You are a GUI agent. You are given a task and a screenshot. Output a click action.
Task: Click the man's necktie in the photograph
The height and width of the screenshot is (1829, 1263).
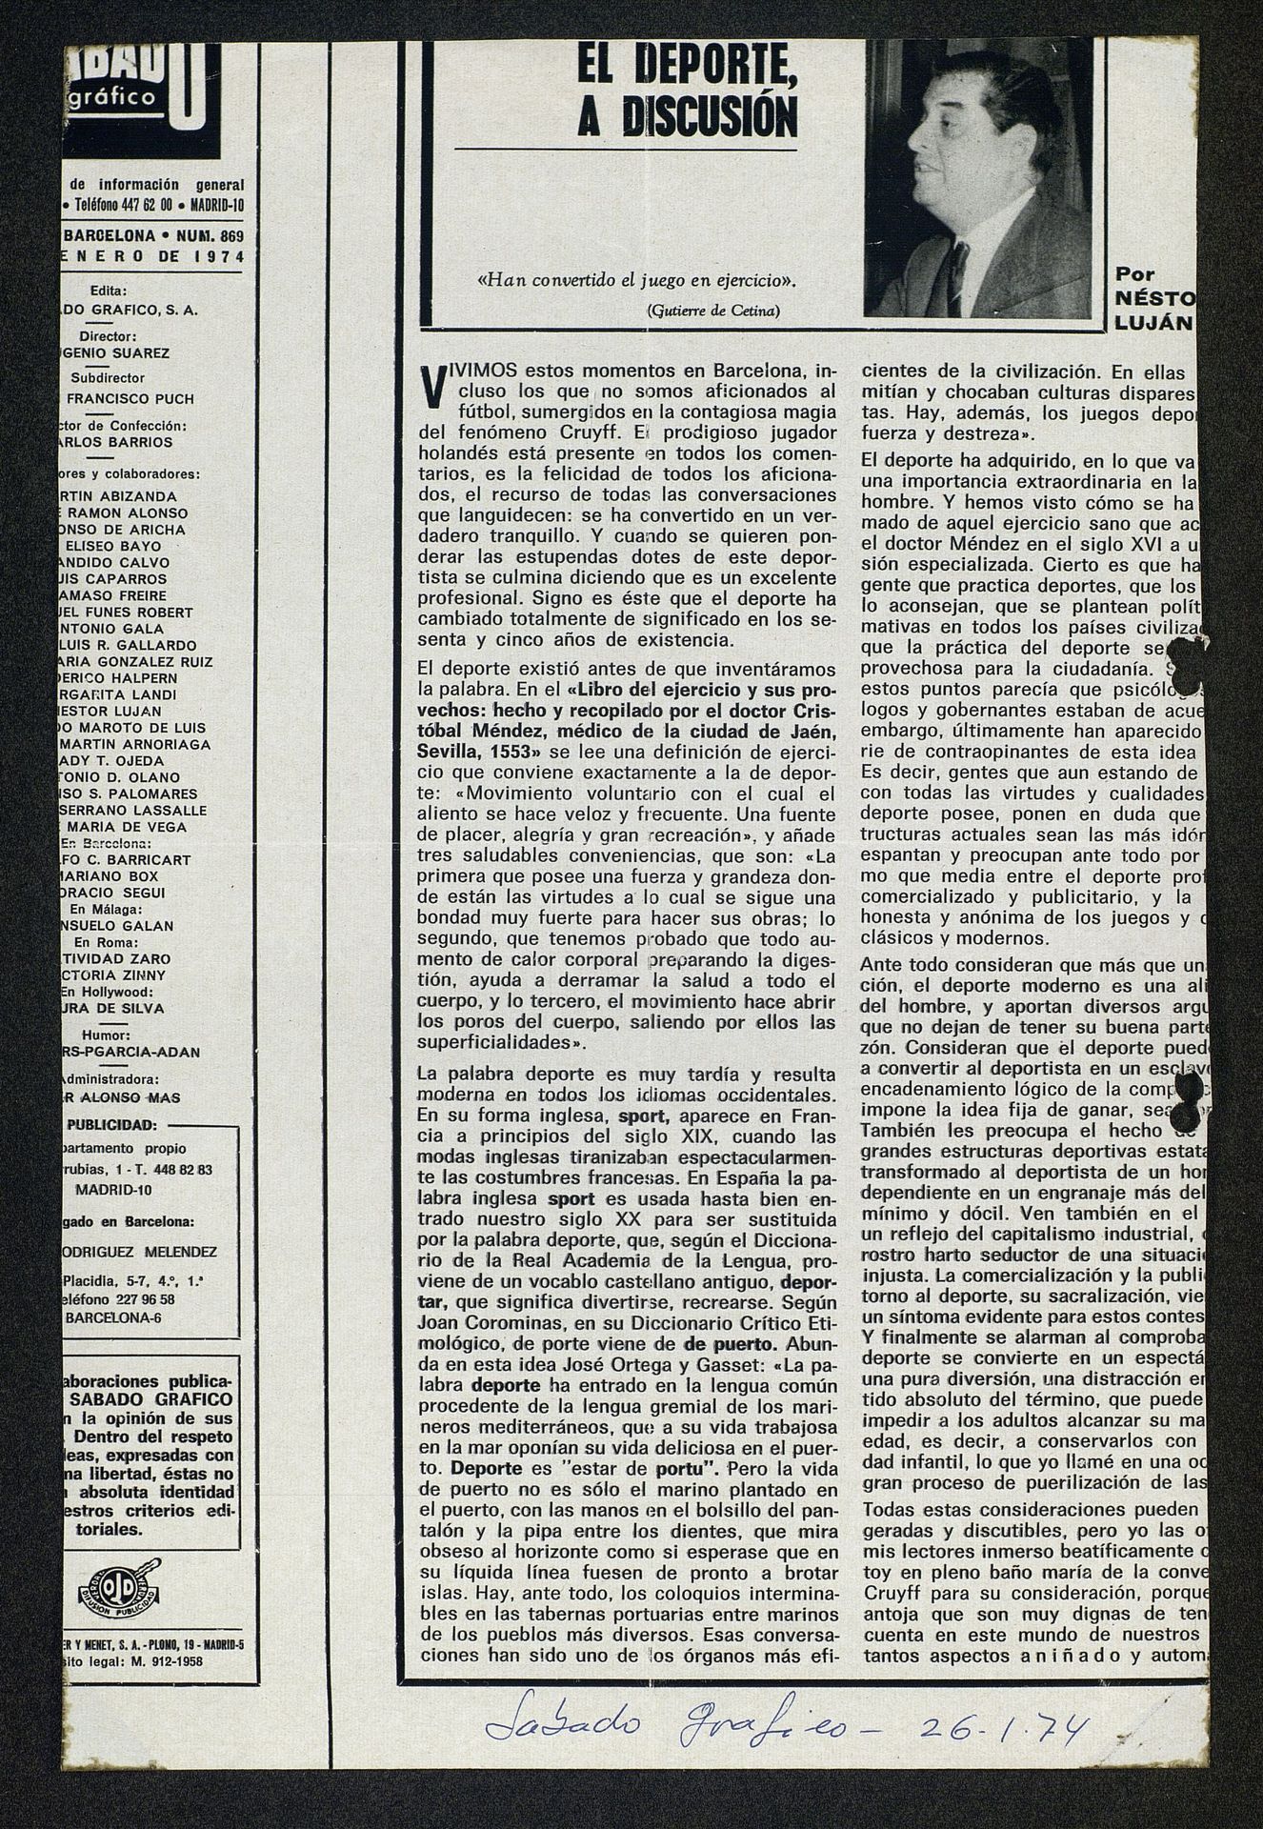pos(952,277)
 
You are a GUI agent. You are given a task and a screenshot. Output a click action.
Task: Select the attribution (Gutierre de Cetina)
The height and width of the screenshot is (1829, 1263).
pos(712,311)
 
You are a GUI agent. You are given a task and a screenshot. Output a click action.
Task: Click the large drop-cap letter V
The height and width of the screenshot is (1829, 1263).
pos(431,386)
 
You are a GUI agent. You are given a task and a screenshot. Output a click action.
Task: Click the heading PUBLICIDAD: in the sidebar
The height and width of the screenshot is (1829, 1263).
pos(113,1124)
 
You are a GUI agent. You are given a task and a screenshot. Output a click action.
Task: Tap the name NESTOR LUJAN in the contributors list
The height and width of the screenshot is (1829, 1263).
pos(111,711)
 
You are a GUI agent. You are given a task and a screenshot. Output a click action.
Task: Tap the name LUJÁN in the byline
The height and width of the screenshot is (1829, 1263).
pos(1152,323)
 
